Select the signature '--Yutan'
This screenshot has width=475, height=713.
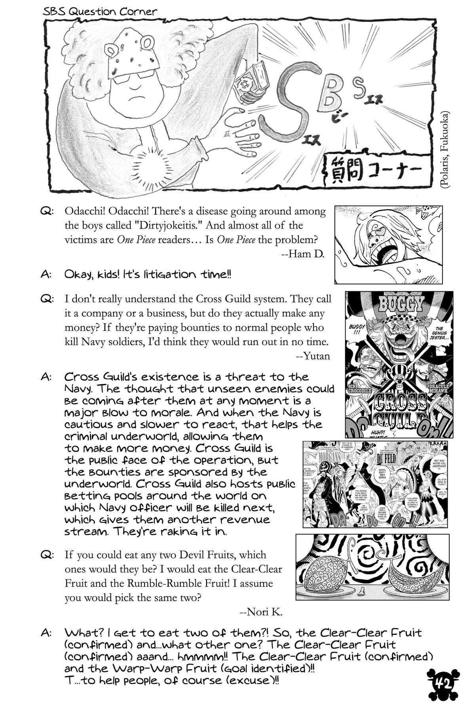coord(313,356)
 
